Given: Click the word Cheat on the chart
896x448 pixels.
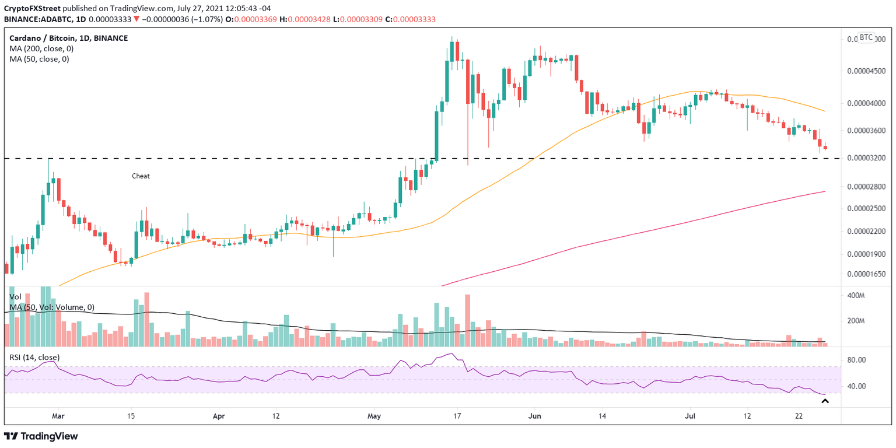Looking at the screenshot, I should [141, 176].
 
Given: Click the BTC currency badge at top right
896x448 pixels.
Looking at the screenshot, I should [866, 38].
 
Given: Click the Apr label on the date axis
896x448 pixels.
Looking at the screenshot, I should [219, 416].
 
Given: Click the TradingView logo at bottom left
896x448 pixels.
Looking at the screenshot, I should [41, 436].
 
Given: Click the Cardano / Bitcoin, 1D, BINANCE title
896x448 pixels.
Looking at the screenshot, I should [69, 38].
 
